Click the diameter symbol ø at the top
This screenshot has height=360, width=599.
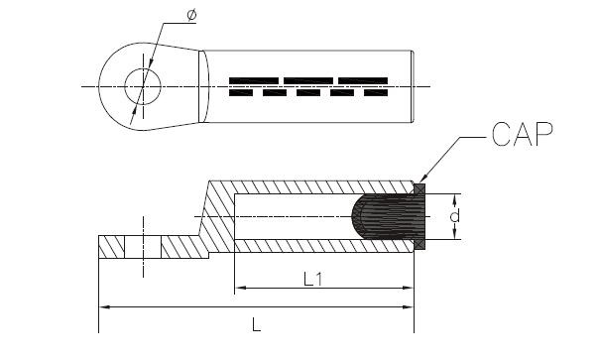[191, 15]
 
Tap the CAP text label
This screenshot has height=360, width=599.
[523, 135]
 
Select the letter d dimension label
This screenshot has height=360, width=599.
[454, 216]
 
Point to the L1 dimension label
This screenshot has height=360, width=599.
[312, 279]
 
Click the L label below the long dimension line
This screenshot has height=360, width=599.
[256, 325]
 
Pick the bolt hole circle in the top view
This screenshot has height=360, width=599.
[143, 68]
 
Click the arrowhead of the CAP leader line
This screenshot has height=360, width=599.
[422, 179]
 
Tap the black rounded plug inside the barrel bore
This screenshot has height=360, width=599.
[388, 216]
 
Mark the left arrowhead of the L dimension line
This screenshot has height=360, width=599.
[104, 306]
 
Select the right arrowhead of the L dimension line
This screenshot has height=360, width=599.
[409, 306]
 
